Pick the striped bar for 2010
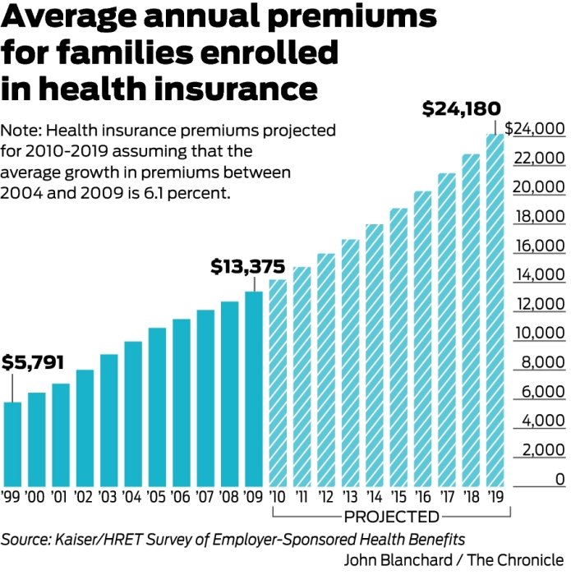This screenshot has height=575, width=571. tap(278, 383)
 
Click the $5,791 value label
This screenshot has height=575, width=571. tap(33, 361)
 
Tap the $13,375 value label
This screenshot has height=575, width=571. tap(247, 267)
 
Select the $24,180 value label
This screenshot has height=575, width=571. tap(460, 108)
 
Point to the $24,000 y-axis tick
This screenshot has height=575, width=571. tap(535, 129)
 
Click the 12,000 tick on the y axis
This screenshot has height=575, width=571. tap(541, 305)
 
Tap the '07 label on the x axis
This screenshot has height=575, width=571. tap(205, 496)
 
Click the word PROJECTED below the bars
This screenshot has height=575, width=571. tap(391, 517)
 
